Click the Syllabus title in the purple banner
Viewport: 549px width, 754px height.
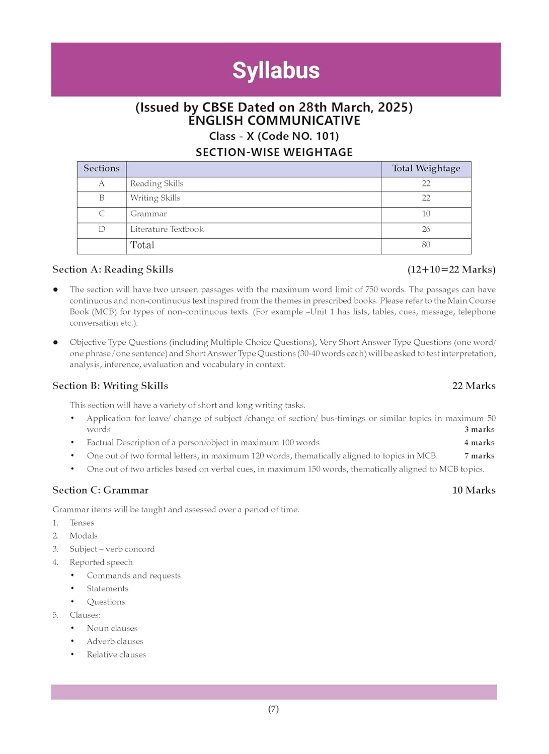(x=276, y=70)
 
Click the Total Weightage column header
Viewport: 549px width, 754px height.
(x=426, y=168)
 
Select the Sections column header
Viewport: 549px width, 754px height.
(x=102, y=168)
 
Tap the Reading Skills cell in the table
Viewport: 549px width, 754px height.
(x=156, y=183)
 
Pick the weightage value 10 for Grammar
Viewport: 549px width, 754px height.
(x=426, y=214)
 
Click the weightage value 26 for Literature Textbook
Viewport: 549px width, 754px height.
(x=426, y=229)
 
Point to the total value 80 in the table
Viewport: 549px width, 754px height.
(x=426, y=245)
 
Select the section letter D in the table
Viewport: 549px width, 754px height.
(x=102, y=229)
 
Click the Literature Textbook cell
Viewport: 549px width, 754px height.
(x=167, y=229)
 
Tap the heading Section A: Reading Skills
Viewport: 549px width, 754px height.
(x=113, y=269)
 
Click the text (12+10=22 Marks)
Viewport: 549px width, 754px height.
(x=451, y=269)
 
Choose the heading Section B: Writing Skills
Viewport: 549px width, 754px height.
(x=110, y=386)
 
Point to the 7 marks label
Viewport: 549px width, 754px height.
(x=479, y=456)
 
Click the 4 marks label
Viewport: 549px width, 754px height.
(x=479, y=443)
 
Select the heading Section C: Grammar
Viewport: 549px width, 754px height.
(x=101, y=490)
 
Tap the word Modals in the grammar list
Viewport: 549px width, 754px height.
(x=84, y=536)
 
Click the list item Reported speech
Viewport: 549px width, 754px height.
(x=101, y=562)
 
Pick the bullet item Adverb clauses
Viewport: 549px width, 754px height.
(x=115, y=641)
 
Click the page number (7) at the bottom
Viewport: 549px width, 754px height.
(x=273, y=709)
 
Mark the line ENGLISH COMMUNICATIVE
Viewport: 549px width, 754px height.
(x=274, y=121)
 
